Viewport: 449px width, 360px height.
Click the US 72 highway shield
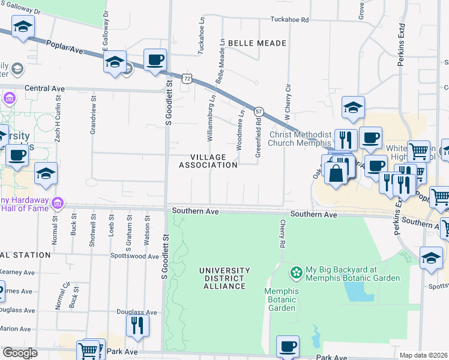187,79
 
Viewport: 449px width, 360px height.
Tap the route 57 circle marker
259,112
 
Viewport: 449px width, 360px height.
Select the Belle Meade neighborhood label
253,43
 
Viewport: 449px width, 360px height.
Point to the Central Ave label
44,88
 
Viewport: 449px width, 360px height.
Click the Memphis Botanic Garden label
281,299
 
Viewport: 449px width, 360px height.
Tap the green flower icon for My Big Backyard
296,273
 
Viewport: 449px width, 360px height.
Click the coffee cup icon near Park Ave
288,346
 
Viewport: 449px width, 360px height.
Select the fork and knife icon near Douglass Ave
137,325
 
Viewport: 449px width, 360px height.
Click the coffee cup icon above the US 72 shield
155,60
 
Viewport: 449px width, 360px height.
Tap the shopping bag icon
336,173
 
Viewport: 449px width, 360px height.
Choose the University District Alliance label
223,278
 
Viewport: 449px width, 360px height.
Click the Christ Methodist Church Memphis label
300,139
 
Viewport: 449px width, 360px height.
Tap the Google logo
19,353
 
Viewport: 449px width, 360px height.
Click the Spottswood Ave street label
135,256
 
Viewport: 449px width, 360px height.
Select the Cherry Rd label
281,234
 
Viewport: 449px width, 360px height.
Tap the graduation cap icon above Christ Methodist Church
354,107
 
